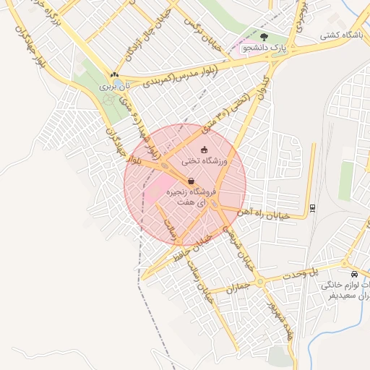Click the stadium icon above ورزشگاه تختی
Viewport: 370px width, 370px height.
[x=203, y=150]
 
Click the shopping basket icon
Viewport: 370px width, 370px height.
[x=190, y=181]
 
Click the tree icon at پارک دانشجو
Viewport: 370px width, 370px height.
[x=264, y=37]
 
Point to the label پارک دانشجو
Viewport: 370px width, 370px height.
[x=264, y=48]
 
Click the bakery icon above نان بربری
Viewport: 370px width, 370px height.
[x=113, y=75]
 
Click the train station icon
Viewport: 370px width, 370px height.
[x=312, y=207]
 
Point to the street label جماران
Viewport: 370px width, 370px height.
[x=238, y=287]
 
